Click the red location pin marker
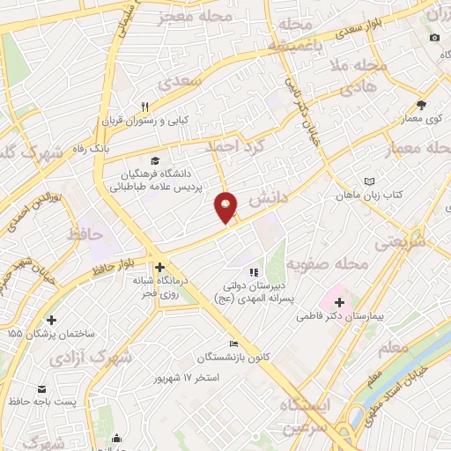(226, 207)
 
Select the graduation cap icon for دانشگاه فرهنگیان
(155, 160)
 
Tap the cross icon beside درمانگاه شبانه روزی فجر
(159, 267)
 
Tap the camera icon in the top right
(434, 37)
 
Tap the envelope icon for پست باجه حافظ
(41, 388)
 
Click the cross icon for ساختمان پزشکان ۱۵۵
(51, 320)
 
